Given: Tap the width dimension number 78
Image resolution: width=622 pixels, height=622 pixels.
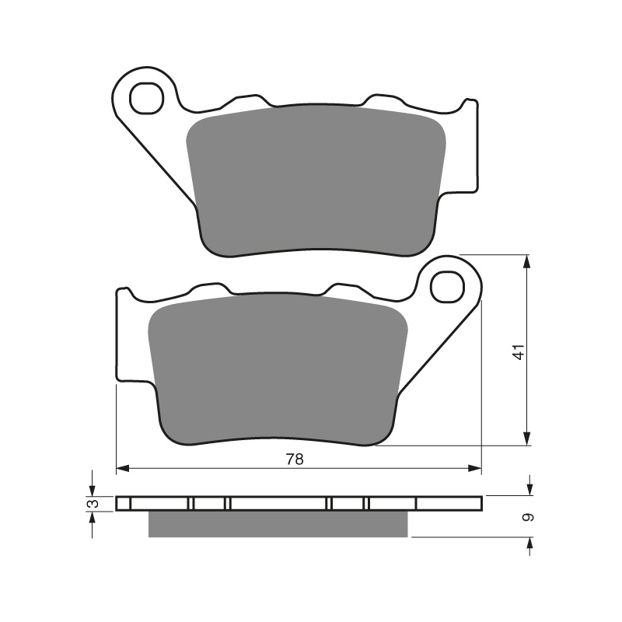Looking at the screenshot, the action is (295, 460).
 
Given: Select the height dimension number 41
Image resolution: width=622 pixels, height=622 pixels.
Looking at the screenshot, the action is (519, 352).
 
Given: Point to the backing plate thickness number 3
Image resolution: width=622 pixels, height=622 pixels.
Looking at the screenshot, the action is (93, 504).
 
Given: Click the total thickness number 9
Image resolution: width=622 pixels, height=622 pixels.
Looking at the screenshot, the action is (529, 517).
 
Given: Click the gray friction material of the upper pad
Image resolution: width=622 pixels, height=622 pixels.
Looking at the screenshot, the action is (316, 180).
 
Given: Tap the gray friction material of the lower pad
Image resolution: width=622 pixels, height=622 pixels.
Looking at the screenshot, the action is (278, 369).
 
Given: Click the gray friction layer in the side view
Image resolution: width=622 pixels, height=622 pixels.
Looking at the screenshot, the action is (278, 524).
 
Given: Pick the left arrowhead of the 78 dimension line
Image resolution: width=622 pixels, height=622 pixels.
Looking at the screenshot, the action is (123, 469).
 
